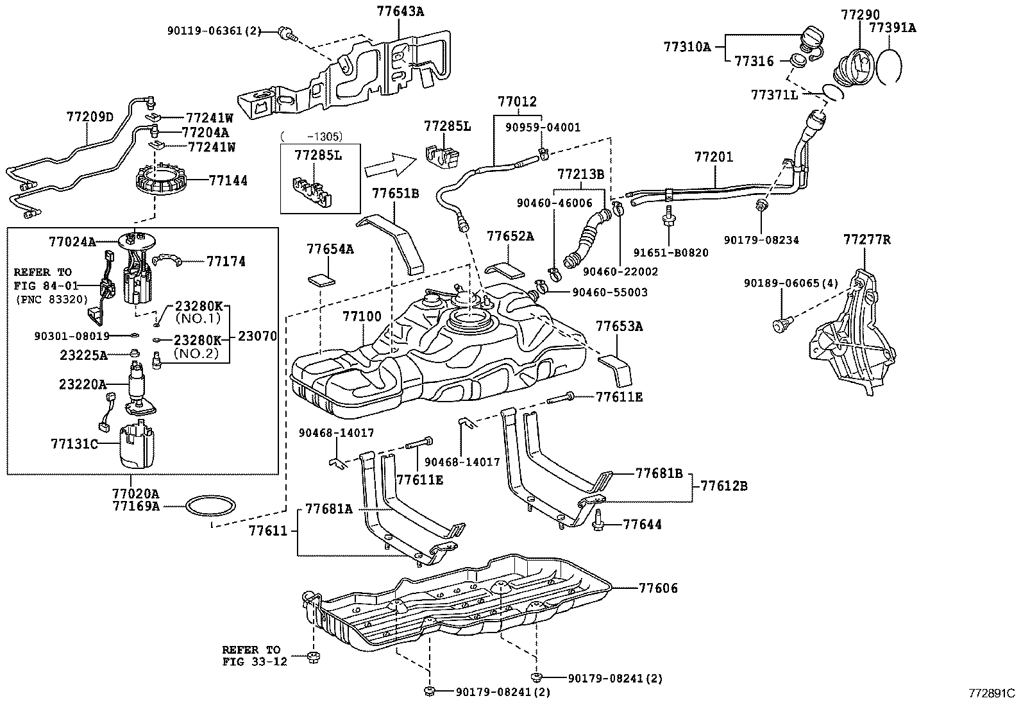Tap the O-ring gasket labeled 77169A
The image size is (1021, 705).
coord(209,506)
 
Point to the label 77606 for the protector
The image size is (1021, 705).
coord(658,588)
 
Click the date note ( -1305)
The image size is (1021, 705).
coord(311,136)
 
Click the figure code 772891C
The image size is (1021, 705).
coord(992,693)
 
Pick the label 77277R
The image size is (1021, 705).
coord(867,240)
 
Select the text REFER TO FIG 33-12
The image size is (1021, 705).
coord(251,656)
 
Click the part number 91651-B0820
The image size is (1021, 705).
coord(671,253)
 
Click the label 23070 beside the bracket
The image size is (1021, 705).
coord(257,336)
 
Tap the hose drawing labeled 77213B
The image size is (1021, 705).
coord(585,241)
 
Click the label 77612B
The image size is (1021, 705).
coord(723,486)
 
